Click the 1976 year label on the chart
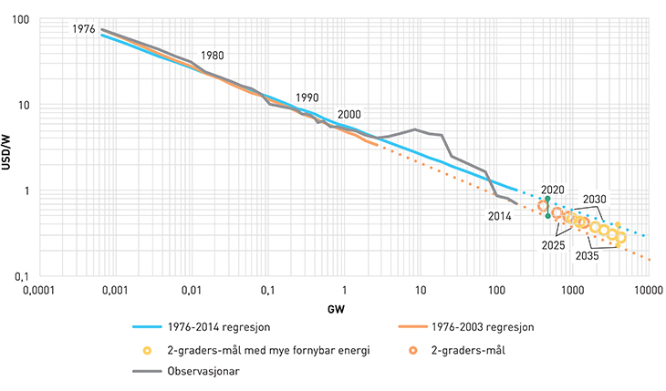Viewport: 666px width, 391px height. pyautogui.click(x=83, y=30)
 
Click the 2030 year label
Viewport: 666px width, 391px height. pyautogui.click(x=594, y=200)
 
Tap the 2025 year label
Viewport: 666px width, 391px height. pyautogui.click(x=551, y=245)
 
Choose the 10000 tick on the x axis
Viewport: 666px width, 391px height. pyautogui.click(x=648, y=291)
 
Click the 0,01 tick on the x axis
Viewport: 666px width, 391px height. pyautogui.click(x=191, y=291)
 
